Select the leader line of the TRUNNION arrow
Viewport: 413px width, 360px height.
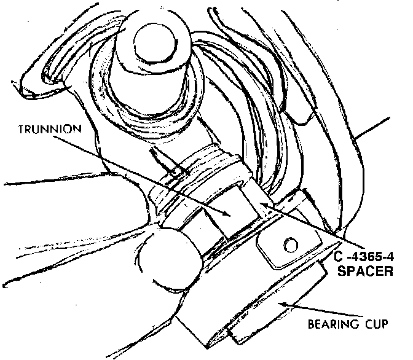141,174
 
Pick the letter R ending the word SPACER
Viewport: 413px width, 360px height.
388,270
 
